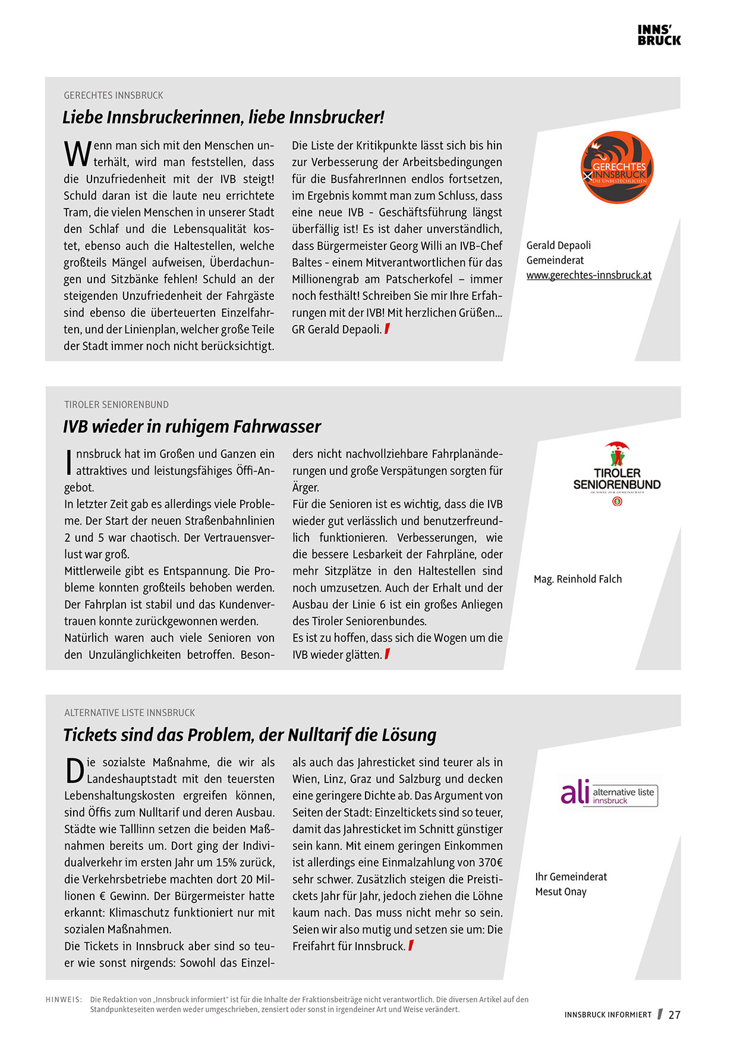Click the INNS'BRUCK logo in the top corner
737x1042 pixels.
click(659, 35)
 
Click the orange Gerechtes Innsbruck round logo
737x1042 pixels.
click(616, 168)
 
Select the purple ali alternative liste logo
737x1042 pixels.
click(609, 792)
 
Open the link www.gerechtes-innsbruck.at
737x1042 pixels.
click(588, 275)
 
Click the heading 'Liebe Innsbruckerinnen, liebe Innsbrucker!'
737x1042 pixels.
click(223, 117)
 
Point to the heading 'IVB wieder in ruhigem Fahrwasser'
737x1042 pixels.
click(192, 427)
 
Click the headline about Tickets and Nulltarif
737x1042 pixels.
click(250, 735)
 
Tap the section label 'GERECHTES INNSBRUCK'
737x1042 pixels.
click(114, 95)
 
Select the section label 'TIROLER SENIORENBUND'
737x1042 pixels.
click(116, 405)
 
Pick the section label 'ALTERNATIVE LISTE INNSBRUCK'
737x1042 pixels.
click(130, 712)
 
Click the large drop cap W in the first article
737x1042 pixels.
click(77, 154)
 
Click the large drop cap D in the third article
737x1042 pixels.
click(75, 771)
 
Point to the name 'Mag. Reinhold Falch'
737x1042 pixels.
click(578, 579)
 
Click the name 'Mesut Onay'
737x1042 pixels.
click(560, 892)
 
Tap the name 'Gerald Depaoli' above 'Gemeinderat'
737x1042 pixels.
click(559, 245)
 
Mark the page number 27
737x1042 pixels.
click(674, 1015)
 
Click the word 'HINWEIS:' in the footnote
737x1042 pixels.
click(64, 999)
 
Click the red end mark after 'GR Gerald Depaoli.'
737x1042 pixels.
click(387, 329)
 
